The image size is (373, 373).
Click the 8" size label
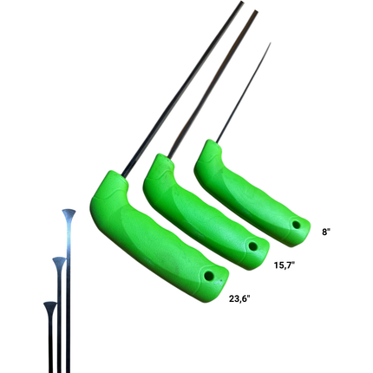point(326,232)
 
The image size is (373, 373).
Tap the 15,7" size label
point(285,265)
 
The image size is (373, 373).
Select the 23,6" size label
point(239,298)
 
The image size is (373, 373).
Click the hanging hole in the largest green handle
point(208,275)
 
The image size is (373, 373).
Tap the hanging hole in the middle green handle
point(253,246)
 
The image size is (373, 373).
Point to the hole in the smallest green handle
point(296,224)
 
